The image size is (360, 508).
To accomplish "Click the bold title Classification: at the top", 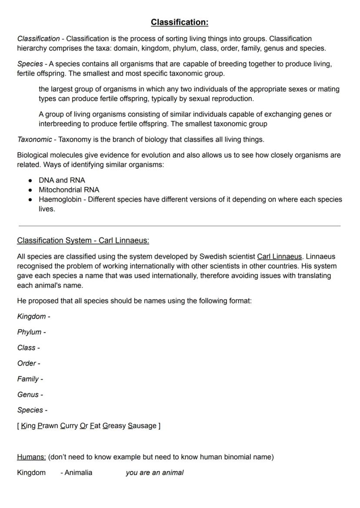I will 180,22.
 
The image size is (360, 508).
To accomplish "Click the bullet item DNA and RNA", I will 62,180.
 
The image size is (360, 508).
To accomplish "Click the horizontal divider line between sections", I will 180,226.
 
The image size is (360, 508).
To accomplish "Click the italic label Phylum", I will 29,332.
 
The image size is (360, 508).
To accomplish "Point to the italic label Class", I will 26,348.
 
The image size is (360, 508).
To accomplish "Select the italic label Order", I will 27,363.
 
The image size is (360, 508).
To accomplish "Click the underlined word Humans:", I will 31,457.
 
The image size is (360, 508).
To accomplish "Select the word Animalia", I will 78,473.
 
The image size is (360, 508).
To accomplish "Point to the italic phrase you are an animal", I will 154,473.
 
